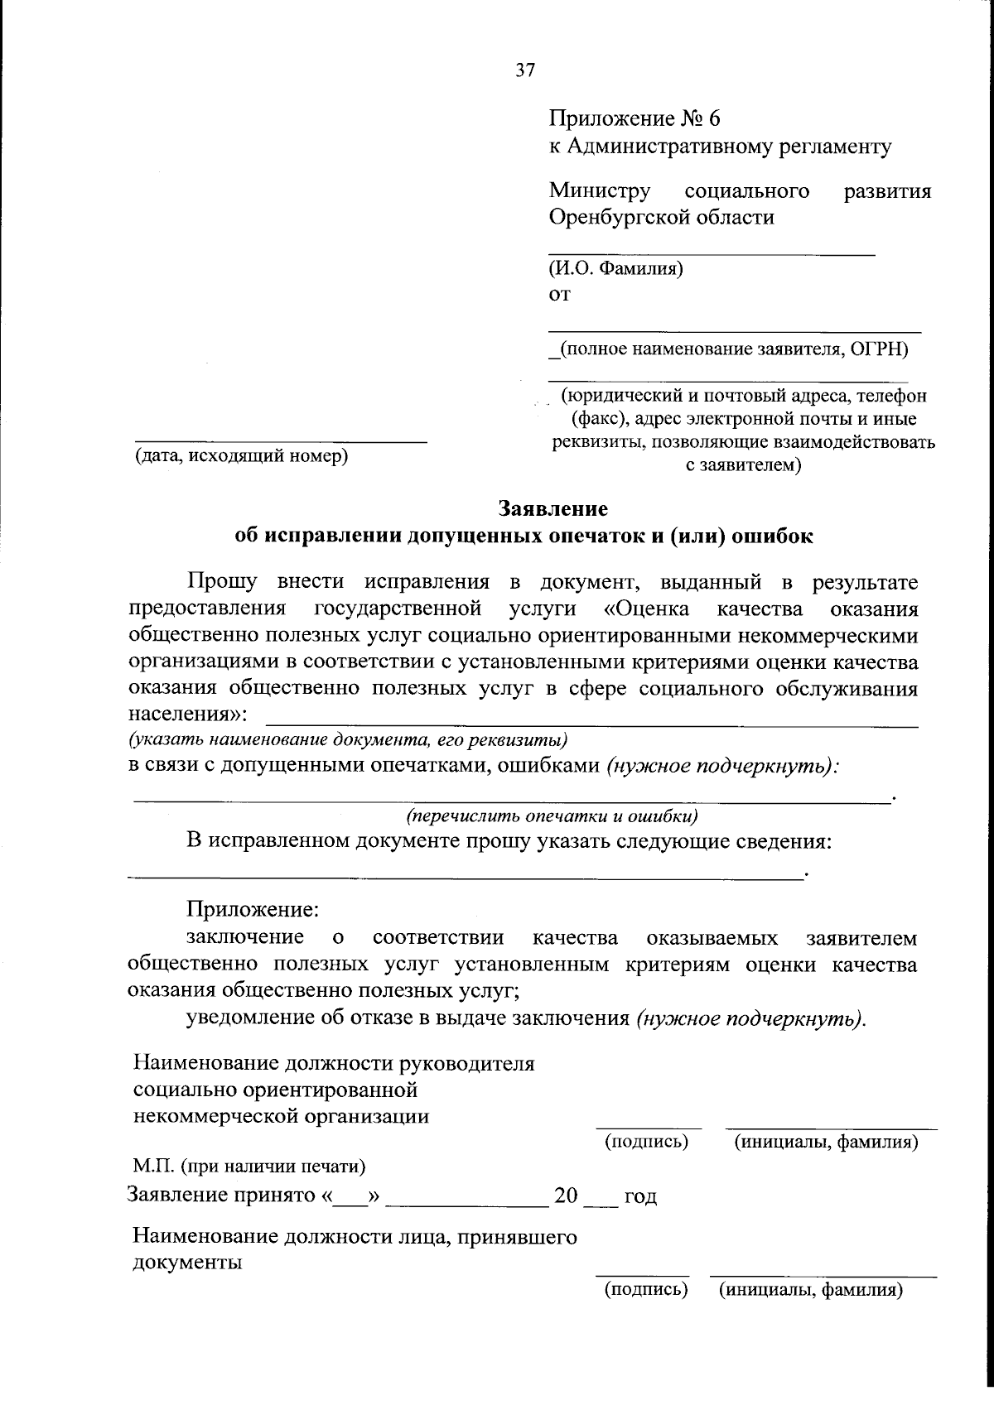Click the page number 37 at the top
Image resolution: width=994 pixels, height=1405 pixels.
525,70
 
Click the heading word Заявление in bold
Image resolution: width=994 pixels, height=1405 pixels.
552,508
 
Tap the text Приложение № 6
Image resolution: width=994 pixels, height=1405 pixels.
634,119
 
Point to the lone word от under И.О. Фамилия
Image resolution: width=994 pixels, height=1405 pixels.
560,295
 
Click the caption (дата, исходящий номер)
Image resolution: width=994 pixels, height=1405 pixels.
241,456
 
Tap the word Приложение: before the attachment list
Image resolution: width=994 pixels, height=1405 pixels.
252,908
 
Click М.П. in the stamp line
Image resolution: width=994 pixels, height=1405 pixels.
152,1167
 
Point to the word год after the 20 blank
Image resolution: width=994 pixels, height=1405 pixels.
640,1197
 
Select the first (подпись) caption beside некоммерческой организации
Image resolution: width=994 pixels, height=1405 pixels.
647,1143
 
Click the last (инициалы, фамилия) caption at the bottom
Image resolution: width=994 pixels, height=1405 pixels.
810,1289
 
